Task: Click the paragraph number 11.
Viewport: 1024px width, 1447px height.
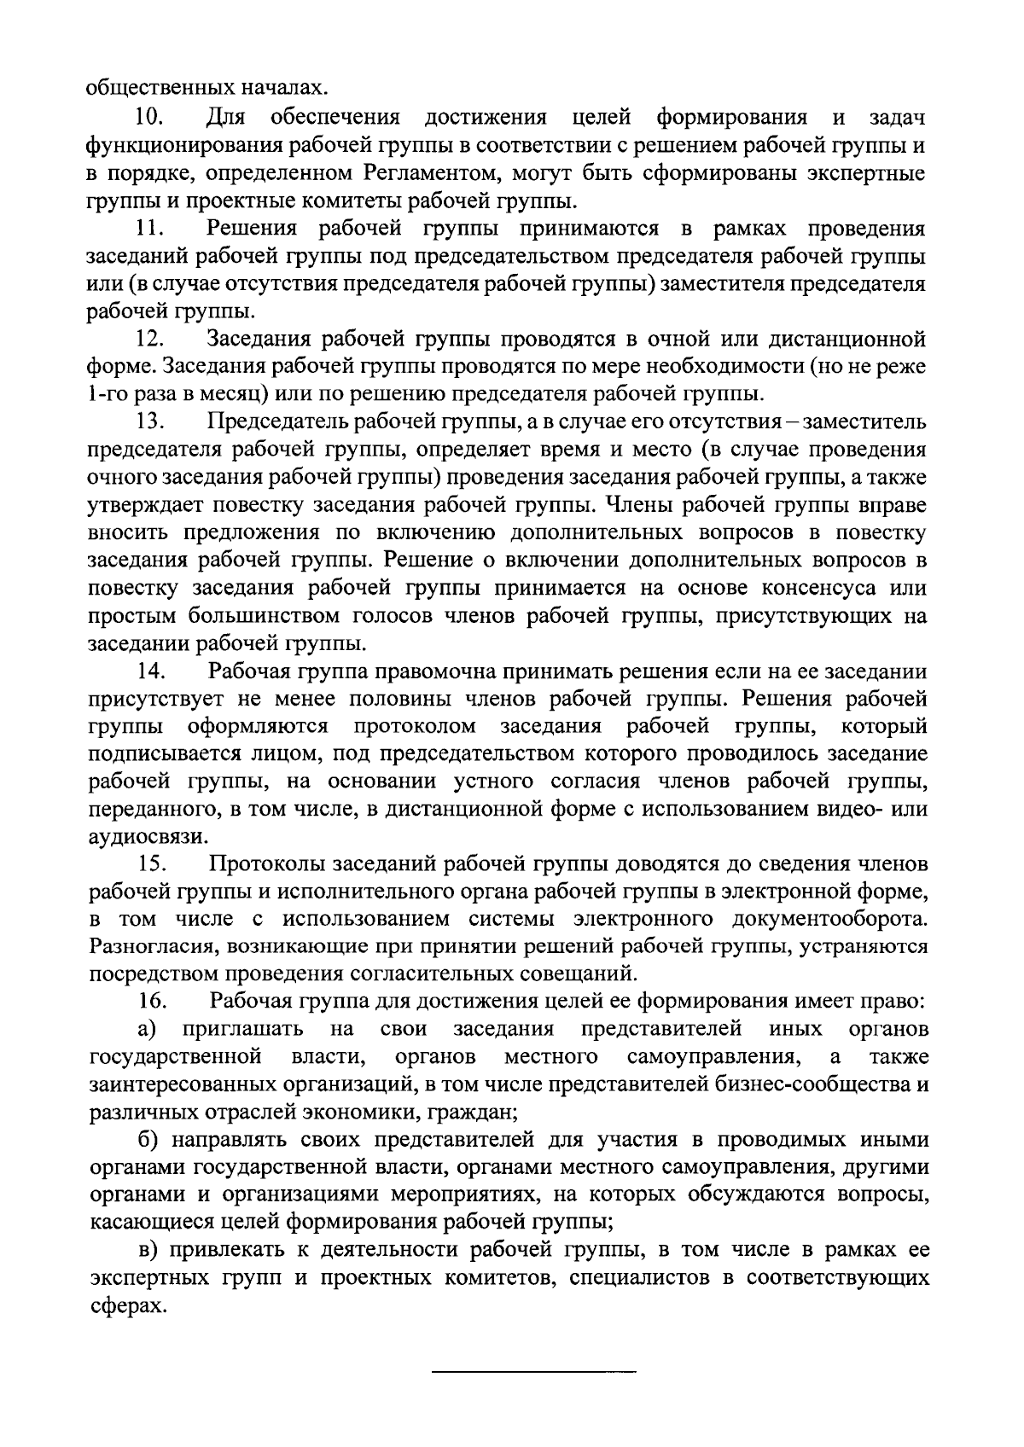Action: point(151,228)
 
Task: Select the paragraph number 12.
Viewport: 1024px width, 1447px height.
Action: point(151,340)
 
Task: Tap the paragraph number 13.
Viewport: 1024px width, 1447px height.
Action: point(151,422)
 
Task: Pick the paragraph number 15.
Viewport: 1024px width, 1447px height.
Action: point(151,864)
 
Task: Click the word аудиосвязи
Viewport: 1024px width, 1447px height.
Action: point(137,838)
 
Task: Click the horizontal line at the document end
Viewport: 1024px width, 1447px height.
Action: point(534,1371)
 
